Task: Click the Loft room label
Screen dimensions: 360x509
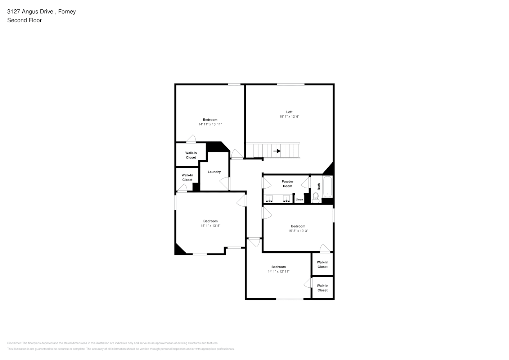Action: click(x=289, y=112)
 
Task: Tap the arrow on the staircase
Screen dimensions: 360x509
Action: click(x=277, y=151)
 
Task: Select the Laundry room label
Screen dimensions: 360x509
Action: click(x=214, y=172)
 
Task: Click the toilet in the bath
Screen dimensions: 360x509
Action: click(x=316, y=197)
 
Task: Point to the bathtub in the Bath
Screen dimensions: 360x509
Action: click(x=327, y=187)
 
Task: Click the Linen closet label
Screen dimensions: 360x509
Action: click(x=299, y=199)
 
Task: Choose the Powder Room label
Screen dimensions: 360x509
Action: click(x=287, y=184)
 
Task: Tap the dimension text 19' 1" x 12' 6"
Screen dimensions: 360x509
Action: click(x=289, y=117)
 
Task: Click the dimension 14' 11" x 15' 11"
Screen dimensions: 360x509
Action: click(x=210, y=125)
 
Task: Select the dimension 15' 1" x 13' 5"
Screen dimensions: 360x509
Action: click(x=210, y=226)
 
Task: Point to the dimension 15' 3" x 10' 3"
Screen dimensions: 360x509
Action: click(x=298, y=231)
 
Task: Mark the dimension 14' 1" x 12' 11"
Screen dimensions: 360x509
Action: click(x=279, y=272)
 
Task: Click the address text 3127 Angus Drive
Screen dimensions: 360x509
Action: click(x=30, y=12)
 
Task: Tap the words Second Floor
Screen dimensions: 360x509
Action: click(x=24, y=21)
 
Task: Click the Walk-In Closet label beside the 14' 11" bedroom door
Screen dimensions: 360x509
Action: click(x=191, y=155)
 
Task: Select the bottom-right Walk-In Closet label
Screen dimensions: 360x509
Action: click(x=323, y=288)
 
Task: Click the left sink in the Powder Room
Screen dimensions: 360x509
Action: click(x=270, y=198)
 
